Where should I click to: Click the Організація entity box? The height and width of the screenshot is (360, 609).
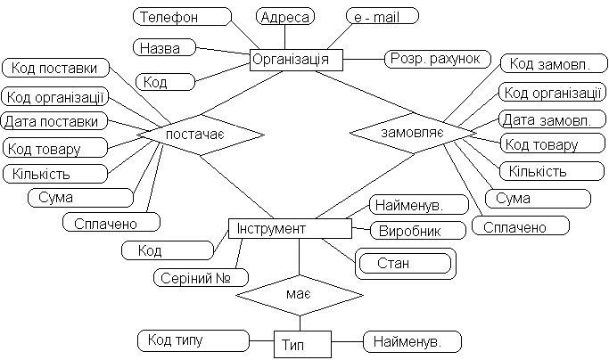pyautogui.click(x=296, y=60)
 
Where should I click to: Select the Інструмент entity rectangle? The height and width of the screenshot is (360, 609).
pyautogui.click(x=290, y=229)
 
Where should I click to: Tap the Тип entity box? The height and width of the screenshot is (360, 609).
pyautogui.click(x=302, y=342)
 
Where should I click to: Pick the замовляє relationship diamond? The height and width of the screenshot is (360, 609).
pyautogui.click(x=410, y=131)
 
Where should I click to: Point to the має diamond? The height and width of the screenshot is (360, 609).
pyautogui.click(x=299, y=291)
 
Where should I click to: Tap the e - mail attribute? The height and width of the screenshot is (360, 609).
pyautogui.click(x=381, y=16)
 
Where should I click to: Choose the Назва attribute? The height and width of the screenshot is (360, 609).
pyautogui.click(x=164, y=46)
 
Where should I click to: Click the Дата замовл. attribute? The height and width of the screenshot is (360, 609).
pyautogui.click(x=546, y=119)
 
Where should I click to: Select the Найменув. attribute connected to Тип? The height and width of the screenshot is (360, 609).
pyautogui.click(x=412, y=340)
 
